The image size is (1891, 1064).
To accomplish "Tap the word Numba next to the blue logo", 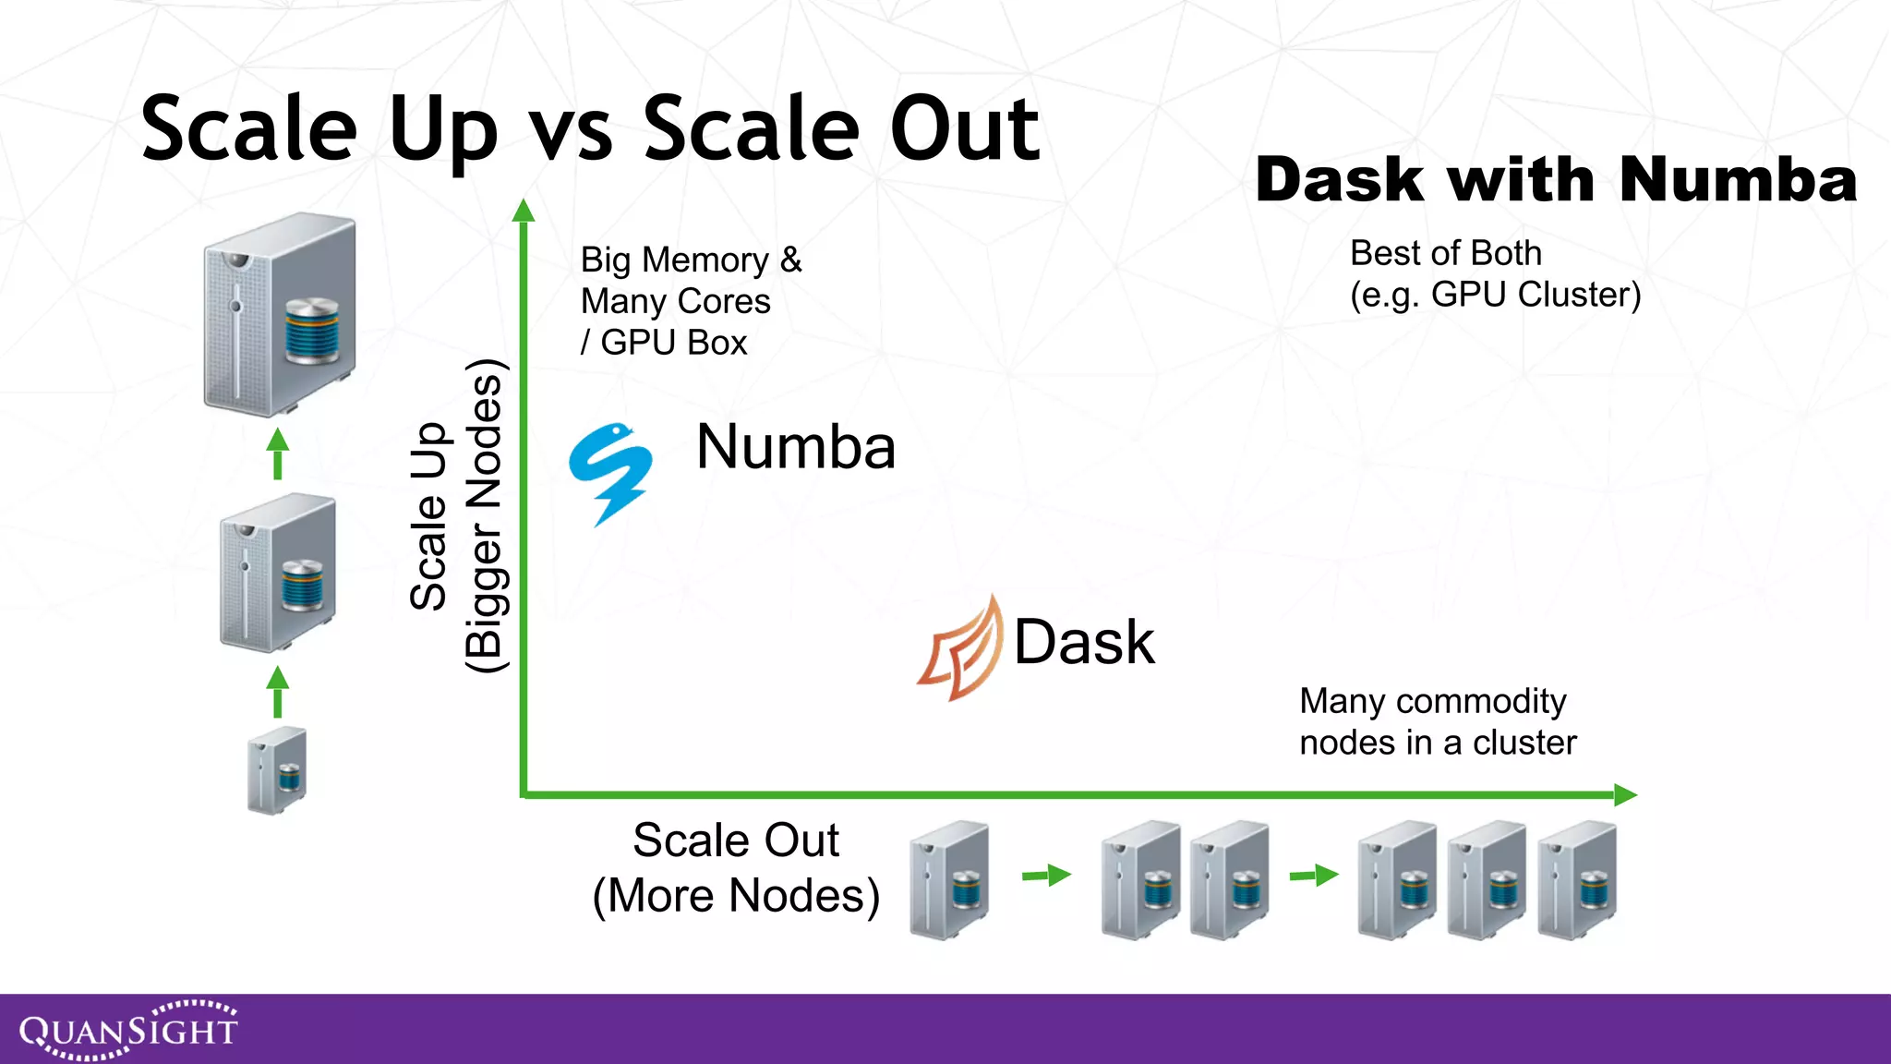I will [x=795, y=447].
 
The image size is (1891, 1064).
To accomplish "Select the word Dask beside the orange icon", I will [x=1084, y=642].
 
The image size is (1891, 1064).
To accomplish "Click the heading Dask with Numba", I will [x=1556, y=179].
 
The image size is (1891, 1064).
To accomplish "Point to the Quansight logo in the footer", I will [x=129, y=1029].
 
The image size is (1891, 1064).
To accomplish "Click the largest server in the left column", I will [x=280, y=313].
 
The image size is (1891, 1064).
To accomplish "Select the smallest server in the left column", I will [x=277, y=770].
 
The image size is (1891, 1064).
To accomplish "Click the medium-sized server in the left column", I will [x=278, y=572].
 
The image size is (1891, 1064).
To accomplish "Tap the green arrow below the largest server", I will [x=278, y=453].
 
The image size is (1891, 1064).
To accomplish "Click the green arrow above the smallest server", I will [x=278, y=692].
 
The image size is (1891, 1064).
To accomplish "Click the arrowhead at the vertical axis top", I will [x=524, y=211].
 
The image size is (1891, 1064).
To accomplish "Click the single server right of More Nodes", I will [x=949, y=879].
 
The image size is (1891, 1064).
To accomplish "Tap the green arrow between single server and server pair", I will [x=1046, y=875].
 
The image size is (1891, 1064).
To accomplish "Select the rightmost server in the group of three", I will [x=1577, y=879].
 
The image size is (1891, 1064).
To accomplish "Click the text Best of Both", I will [x=1445, y=253].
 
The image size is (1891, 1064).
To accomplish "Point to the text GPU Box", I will [x=673, y=343].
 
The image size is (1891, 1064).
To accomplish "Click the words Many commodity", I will [x=1432, y=701].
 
